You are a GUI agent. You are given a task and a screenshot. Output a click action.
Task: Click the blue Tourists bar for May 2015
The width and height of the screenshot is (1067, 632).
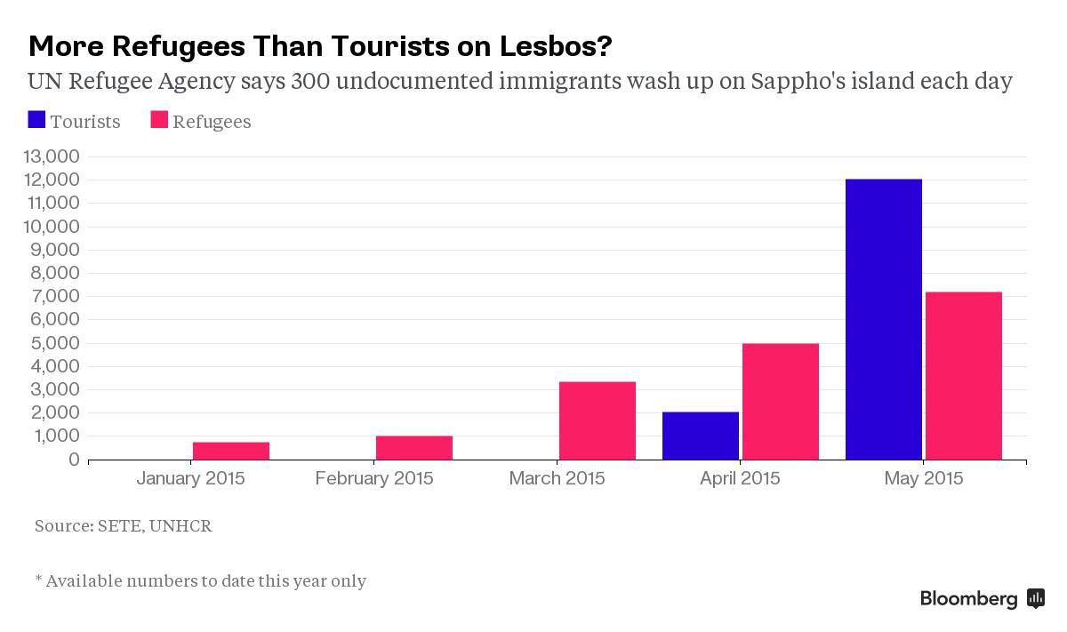coord(883,319)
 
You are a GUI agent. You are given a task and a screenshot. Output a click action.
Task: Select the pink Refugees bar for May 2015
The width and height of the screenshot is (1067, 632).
coord(963,375)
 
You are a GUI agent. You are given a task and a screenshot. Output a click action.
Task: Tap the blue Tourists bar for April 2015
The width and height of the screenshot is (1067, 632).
coord(700,436)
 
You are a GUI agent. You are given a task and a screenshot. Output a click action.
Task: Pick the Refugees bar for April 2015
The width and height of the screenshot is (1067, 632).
coord(780,401)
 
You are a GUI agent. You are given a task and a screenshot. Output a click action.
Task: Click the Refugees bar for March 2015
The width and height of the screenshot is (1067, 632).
coord(597,420)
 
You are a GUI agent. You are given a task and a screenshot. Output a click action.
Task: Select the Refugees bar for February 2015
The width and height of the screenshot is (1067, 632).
coord(413,447)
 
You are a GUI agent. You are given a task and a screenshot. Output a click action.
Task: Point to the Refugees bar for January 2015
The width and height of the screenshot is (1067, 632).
coord(230,451)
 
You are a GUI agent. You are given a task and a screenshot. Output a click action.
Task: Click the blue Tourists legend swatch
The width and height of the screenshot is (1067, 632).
coord(36,120)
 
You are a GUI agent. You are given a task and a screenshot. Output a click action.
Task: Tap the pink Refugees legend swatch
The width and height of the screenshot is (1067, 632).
coord(159,120)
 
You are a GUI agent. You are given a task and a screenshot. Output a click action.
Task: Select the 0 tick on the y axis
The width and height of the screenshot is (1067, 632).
coord(74,460)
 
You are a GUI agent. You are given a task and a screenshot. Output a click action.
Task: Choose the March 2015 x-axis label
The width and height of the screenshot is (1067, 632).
coord(557,478)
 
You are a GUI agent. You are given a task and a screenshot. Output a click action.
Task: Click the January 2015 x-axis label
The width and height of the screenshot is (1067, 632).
coord(190,478)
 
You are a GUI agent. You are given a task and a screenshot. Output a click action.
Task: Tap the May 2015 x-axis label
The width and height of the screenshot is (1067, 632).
coord(923,478)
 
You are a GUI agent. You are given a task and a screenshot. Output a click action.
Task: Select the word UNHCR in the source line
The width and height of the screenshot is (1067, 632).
coord(181,525)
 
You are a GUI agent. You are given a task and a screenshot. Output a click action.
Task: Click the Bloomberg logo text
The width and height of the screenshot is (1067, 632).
coord(968,598)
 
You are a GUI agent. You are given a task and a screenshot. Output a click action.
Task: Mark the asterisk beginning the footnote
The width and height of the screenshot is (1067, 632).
coord(38,580)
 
